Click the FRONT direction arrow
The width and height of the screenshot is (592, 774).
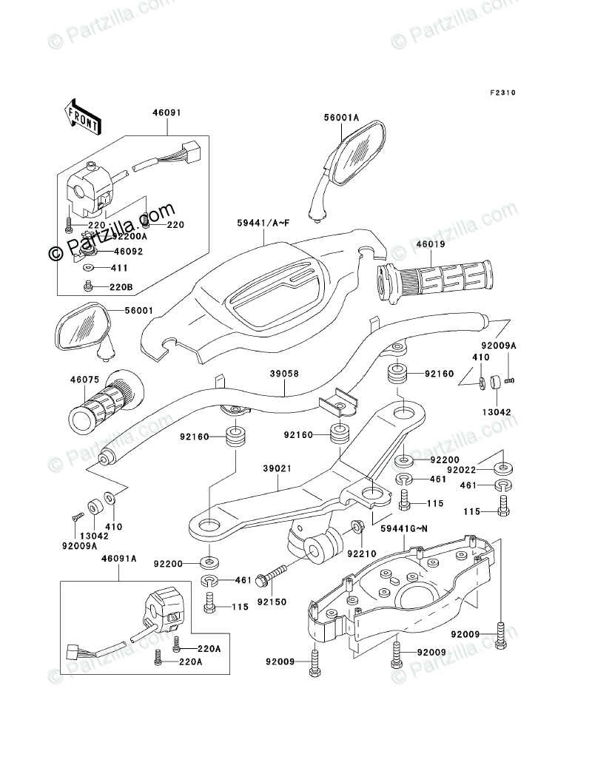pyautogui.click(x=82, y=118)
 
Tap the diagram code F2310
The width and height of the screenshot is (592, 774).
pyautogui.click(x=502, y=92)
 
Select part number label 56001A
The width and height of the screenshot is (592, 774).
pyautogui.click(x=341, y=118)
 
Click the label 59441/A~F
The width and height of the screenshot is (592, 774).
pyautogui.click(x=263, y=223)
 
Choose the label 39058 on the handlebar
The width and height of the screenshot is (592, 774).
pyautogui.click(x=284, y=374)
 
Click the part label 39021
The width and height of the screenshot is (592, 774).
pyautogui.click(x=277, y=467)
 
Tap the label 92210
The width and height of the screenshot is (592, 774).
pyautogui.click(x=362, y=553)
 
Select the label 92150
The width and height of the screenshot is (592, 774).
pyautogui.click(x=272, y=602)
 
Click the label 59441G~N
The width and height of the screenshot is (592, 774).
pyautogui.click(x=404, y=529)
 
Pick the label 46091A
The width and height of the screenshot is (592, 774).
pyautogui.click(x=119, y=558)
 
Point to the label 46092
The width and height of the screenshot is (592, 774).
pyautogui.click(x=128, y=252)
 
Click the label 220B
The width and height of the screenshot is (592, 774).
pyautogui.click(x=121, y=287)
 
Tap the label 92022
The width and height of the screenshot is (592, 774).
pyautogui.click(x=462, y=470)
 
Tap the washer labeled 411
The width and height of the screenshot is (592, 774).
pyautogui.click(x=87, y=268)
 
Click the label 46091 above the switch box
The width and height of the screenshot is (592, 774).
pyautogui.click(x=166, y=112)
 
